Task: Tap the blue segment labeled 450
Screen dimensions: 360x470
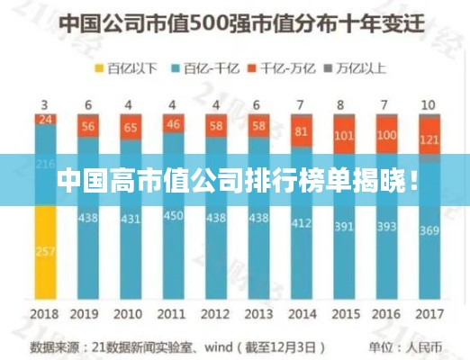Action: click(174, 216)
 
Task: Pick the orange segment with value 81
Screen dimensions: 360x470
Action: click(301, 133)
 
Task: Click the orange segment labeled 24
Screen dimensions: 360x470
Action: click(46, 118)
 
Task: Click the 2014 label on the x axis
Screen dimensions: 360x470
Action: click(301, 315)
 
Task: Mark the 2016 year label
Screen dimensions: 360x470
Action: click(387, 315)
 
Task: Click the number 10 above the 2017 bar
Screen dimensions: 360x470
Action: click(429, 103)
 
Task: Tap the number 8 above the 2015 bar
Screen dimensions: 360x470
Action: click(344, 103)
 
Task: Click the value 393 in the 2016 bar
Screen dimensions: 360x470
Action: click(387, 226)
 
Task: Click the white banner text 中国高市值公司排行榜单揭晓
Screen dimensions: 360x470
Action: click(235, 180)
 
